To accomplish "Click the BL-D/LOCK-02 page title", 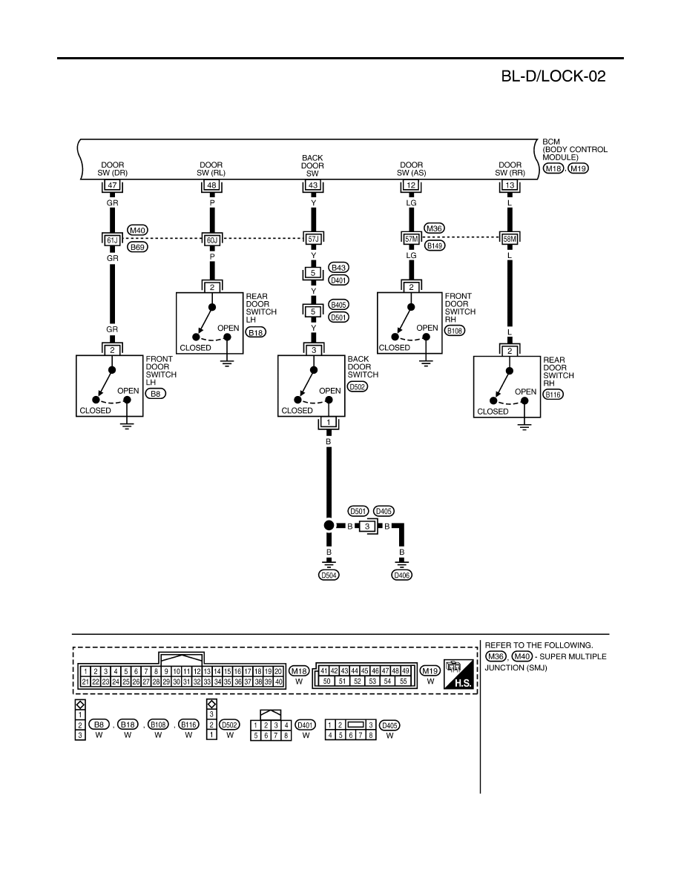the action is (553, 76).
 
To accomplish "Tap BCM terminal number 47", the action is (112, 185).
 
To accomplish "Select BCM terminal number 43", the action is (313, 185).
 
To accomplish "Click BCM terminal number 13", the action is (510, 185).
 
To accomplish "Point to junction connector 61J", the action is (112, 240).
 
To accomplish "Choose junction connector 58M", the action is (510, 239).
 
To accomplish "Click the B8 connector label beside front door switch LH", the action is (156, 394).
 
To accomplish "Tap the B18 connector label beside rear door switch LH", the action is (256, 333).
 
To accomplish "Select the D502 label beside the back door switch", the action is (358, 386).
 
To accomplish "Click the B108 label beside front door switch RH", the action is (455, 331).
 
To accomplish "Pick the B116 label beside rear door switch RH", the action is (553, 395).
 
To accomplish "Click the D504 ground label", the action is (329, 575).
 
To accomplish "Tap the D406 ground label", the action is (402, 575).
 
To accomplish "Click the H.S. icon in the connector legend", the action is (458, 674).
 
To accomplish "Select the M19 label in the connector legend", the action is (430, 671).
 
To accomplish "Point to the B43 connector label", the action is (339, 268).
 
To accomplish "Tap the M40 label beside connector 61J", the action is (137, 230).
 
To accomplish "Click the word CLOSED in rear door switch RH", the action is (493, 412).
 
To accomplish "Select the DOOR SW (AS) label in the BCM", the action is (411, 169).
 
